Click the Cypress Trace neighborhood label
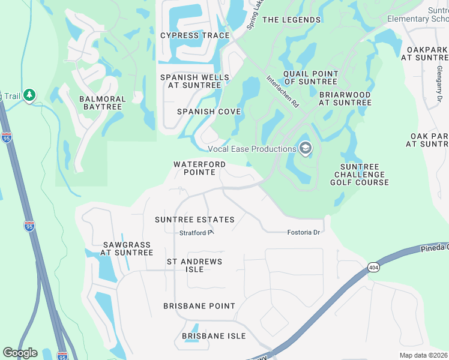pyautogui.click(x=195, y=35)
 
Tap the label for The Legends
pyautogui.click(x=292, y=20)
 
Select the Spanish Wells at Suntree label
pyautogui.click(x=194, y=82)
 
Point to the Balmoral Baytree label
pyautogui.click(x=102, y=103)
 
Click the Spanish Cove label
pyautogui.click(x=209, y=112)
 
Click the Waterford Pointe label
pyautogui.click(x=199, y=168)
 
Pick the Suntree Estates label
pyautogui.click(x=194, y=220)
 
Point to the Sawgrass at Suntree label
pyautogui.click(x=127, y=248)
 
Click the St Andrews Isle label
pyautogui.click(x=194, y=265)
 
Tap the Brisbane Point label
pyautogui.click(x=199, y=306)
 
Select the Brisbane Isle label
pyautogui.click(x=214, y=336)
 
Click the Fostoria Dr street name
pyautogui.click(x=305, y=232)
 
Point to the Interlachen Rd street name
pyautogui.click(x=282, y=91)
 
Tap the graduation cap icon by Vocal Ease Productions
pyautogui.click(x=306, y=148)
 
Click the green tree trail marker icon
pyautogui.click(x=29, y=95)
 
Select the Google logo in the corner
pyautogui.click(x=20, y=353)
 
